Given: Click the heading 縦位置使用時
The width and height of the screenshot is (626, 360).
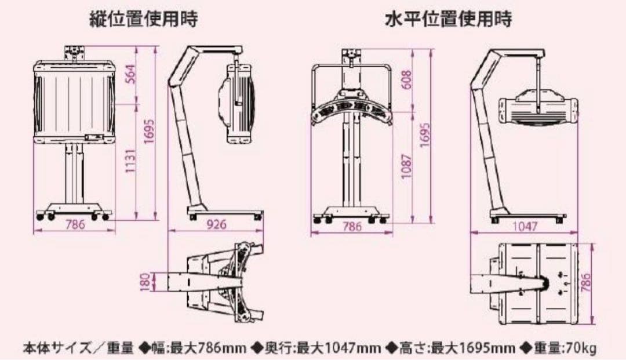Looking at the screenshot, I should [143, 20].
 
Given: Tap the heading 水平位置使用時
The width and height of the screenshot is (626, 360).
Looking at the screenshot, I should [449, 20].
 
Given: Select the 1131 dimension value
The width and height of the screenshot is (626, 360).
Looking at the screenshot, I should [131, 162].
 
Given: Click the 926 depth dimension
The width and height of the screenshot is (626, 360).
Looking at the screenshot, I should [216, 225].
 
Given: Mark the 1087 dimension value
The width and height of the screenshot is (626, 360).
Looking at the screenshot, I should [406, 166].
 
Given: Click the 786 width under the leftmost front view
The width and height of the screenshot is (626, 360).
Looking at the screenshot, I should [74, 225].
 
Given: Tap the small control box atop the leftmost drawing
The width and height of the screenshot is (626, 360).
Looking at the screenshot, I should [74, 52].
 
